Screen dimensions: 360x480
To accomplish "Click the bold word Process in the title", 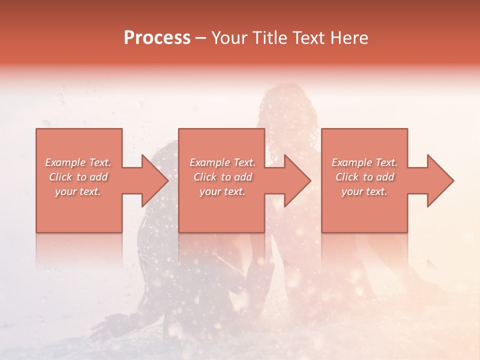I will (x=157, y=37).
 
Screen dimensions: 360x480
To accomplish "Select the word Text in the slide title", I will (x=309, y=37).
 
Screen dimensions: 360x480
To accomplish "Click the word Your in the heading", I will (x=230, y=37).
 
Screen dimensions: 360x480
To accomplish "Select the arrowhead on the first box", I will (x=155, y=180).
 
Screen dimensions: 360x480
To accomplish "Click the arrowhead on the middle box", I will (x=297, y=180).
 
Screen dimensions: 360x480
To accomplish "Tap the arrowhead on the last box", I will (x=440, y=180).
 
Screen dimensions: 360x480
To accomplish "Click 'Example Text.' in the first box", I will (x=78, y=162).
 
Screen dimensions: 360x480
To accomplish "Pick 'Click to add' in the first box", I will (x=78, y=177).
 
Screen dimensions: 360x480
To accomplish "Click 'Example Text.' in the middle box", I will (x=222, y=162).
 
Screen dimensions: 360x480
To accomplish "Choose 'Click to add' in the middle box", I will (x=222, y=177).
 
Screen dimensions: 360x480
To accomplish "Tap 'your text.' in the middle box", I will (x=222, y=191).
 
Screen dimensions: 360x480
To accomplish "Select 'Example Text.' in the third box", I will (x=364, y=162).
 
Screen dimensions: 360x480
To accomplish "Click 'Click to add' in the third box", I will (x=364, y=177).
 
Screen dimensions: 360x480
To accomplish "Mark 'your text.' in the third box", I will (x=364, y=191).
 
